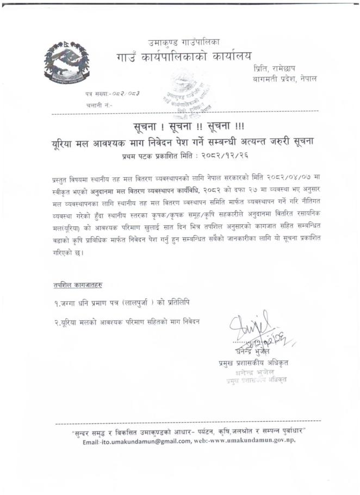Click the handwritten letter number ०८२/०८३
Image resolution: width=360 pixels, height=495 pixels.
pyautogui.click(x=126, y=94)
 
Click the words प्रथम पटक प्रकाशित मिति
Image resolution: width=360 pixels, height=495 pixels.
pyautogui.click(x=154, y=155)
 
